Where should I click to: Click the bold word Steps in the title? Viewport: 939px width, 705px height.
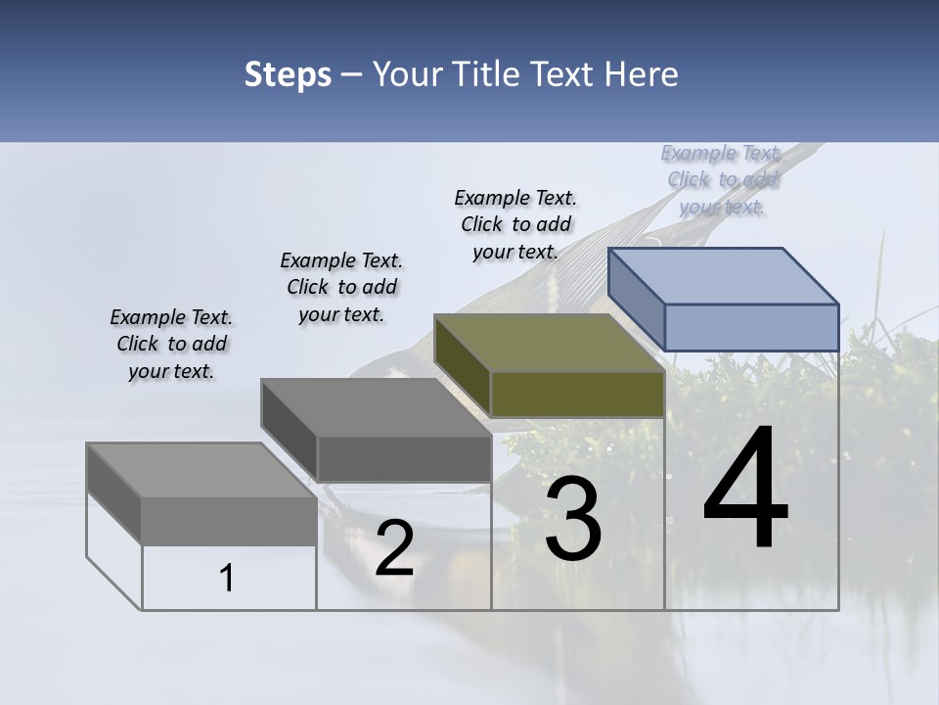click(288, 74)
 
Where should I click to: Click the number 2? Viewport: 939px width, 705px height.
click(394, 548)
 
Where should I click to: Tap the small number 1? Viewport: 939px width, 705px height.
click(227, 579)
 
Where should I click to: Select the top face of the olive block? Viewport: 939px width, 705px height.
click(549, 343)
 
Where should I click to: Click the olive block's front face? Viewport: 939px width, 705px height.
click(577, 395)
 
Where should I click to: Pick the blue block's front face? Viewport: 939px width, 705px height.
click(751, 327)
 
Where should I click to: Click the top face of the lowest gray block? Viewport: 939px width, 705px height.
click(201, 470)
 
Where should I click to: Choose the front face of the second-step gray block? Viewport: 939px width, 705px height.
click(403, 458)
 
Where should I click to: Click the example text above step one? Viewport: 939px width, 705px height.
click(171, 345)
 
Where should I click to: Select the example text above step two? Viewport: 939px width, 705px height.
click(341, 287)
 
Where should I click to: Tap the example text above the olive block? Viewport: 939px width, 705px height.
click(515, 224)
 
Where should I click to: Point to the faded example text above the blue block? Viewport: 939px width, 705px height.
click(722, 180)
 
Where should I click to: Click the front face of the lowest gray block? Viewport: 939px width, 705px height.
click(229, 521)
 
